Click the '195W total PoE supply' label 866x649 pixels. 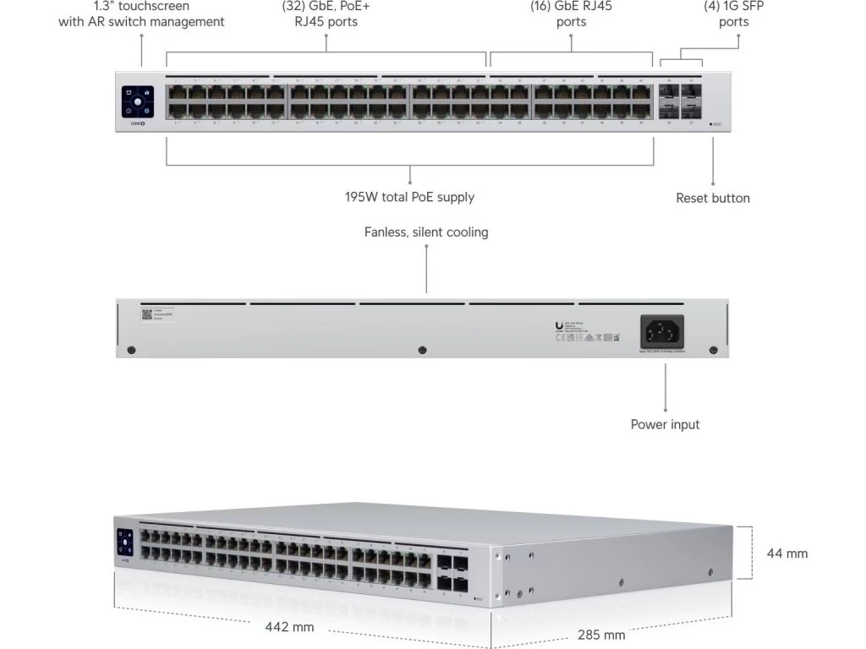click(409, 197)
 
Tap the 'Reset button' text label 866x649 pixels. click(712, 198)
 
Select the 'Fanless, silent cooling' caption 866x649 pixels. click(426, 232)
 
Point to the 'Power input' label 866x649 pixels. click(665, 424)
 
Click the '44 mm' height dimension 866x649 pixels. click(787, 554)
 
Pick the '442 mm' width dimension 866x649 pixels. click(290, 627)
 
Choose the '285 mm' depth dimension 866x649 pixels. click(601, 635)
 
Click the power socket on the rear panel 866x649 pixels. click(662, 330)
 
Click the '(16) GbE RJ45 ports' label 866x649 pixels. click(571, 14)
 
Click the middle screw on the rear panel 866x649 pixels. click(422, 350)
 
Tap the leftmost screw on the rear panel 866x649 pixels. click(130, 350)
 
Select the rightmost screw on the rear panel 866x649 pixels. click(713, 350)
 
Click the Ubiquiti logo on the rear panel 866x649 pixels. click(559, 325)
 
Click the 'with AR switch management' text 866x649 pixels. click(141, 22)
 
